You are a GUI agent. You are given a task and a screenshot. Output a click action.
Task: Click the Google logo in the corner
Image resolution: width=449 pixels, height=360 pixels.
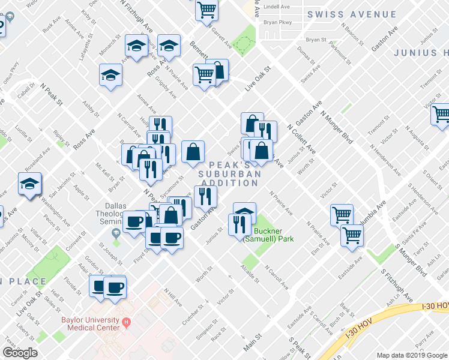[x=20, y=353]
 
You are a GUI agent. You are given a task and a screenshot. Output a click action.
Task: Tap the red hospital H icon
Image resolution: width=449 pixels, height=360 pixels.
[x=126, y=323]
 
